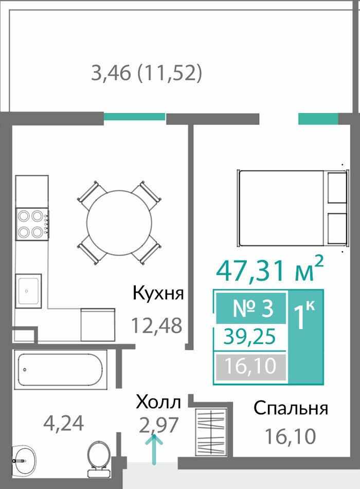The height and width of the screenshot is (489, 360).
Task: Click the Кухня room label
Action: click(158, 293)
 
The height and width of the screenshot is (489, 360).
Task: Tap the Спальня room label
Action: click(291, 408)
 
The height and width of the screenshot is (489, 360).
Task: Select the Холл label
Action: click(158, 402)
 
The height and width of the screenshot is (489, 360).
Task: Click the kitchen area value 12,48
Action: click(157, 325)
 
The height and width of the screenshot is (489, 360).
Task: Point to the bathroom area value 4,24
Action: click(64, 424)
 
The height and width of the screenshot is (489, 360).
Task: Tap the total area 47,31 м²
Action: click(269, 270)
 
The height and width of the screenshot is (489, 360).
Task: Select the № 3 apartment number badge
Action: click(251, 308)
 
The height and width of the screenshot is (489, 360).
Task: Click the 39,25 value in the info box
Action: click(250, 337)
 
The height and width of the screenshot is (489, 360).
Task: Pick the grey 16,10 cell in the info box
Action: click(251, 366)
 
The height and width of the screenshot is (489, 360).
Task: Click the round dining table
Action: click(119, 223)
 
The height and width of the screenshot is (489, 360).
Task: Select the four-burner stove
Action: click(32, 224)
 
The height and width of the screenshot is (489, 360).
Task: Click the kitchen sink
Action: click(28, 291)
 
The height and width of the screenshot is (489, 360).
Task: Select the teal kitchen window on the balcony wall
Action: click(134, 117)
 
